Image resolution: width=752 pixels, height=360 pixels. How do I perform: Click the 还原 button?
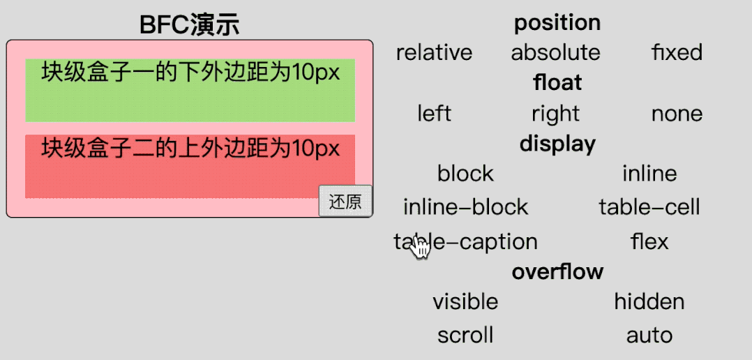345,202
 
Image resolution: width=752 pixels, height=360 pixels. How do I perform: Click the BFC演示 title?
189,25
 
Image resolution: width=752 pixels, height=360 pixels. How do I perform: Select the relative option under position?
434,52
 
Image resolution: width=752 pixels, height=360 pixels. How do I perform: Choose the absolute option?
555,52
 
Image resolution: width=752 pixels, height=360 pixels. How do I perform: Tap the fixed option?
677,52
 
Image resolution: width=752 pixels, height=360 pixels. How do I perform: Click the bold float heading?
557,83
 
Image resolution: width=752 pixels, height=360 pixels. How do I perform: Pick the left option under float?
434,113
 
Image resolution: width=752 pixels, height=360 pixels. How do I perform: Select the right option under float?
555,113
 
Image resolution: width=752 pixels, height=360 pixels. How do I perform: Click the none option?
677,113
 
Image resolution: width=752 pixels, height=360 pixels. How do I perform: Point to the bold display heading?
557,144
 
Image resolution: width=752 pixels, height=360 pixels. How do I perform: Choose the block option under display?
465,173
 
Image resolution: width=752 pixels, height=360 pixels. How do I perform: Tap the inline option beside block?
649,173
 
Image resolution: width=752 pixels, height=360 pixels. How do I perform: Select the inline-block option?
465,207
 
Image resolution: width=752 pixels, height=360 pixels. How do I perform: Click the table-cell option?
649,207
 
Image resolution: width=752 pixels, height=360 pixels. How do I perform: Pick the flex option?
649,241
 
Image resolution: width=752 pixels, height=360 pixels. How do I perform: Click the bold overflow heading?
557,271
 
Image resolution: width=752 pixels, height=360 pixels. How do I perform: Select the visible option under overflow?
465,301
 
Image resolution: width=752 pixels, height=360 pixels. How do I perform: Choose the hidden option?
649,301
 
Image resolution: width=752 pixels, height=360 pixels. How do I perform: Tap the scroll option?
465,335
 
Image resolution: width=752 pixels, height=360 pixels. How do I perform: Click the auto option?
649,335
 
